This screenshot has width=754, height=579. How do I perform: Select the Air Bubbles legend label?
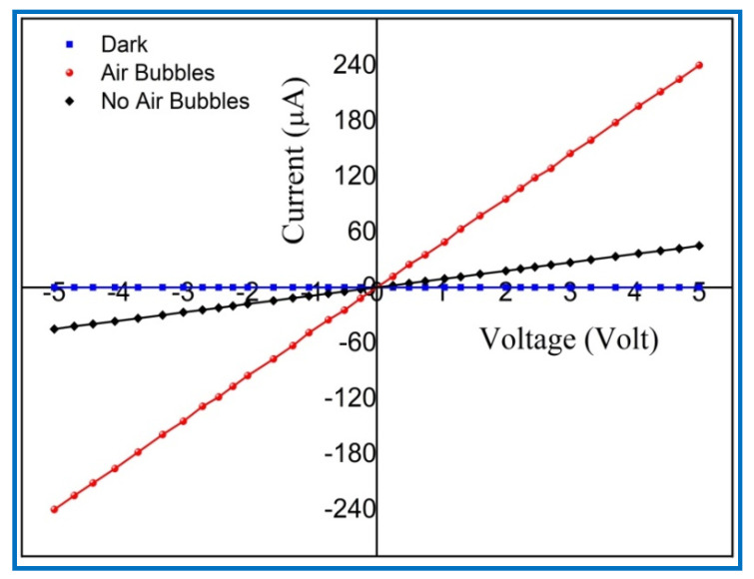(157, 73)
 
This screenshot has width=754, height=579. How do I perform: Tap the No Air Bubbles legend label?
(175, 101)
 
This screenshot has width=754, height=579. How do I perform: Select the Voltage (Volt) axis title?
(569, 339)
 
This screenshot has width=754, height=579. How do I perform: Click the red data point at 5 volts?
(699, 65)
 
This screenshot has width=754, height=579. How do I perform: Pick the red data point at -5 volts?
(54, 509)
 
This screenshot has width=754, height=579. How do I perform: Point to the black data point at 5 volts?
(699, 246)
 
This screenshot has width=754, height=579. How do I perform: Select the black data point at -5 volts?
(54, 328)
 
